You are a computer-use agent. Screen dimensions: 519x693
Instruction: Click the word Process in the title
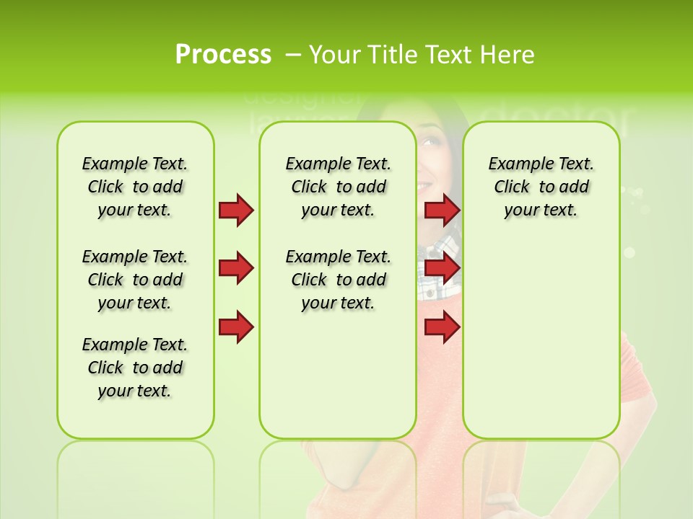click(223, 54)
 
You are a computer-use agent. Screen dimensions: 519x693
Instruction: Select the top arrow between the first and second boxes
click(236, 210)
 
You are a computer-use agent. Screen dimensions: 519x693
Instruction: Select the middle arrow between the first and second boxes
click(236, 268)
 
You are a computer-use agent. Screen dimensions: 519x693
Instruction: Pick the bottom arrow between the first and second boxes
click(236, 327)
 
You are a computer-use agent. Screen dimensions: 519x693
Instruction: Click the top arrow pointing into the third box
click(442, 210)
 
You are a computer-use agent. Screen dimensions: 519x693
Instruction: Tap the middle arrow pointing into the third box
click(442, 268)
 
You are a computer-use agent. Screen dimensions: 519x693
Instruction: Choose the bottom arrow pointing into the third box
click(442, 327)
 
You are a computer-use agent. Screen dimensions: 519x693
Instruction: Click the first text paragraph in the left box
click(134, 187)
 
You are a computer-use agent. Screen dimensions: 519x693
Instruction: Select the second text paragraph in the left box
click(134, 280)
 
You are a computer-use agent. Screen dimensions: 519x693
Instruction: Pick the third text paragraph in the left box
click(134, 368)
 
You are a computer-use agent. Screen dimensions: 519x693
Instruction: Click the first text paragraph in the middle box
click(338, 187)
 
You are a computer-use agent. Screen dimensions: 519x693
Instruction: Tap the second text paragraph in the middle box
click(338, 280)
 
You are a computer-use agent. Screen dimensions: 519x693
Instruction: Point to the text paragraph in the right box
click(541, 187)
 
